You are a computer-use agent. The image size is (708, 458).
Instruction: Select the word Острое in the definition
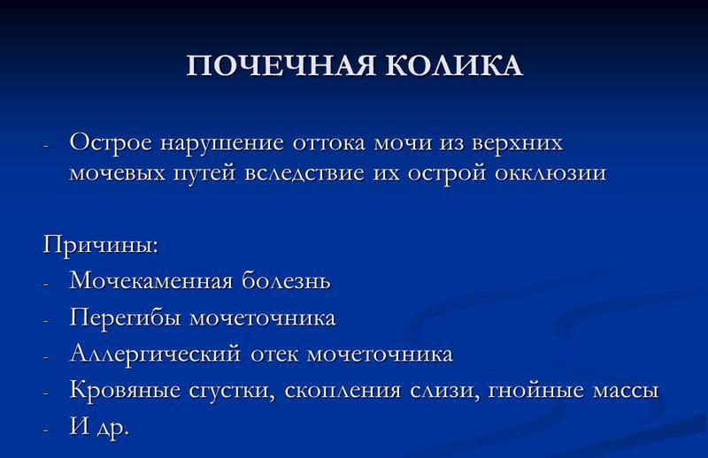click(x=111, y=143)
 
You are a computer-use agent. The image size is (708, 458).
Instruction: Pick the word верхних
click(x=514, y=143)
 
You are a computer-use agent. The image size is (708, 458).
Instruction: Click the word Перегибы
click(x=123, y=317)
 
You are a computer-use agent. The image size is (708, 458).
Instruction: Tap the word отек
click(x=273, y=355)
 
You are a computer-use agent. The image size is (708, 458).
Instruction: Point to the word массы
click(x=625, y=391)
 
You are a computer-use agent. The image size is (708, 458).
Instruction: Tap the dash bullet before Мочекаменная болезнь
click(x=48, y=283)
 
